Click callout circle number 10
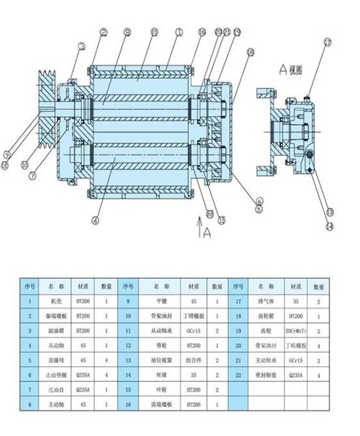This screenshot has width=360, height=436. (25, 165)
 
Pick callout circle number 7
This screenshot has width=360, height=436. (30, 175)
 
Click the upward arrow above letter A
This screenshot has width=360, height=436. (199, 227)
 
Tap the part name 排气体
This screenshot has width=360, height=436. (263, 301)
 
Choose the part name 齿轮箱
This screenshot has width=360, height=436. (263, 315)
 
